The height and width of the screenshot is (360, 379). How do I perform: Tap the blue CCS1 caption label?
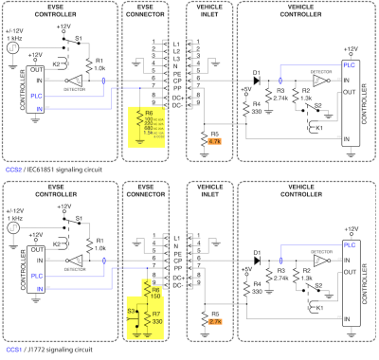(x=13, y=350)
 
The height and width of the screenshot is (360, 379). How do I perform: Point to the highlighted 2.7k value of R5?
(x=214, y=321)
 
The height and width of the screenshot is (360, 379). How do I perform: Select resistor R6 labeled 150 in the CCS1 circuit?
(x=152, y=291)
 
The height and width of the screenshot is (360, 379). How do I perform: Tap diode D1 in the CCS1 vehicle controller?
(x=255, y=255)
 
